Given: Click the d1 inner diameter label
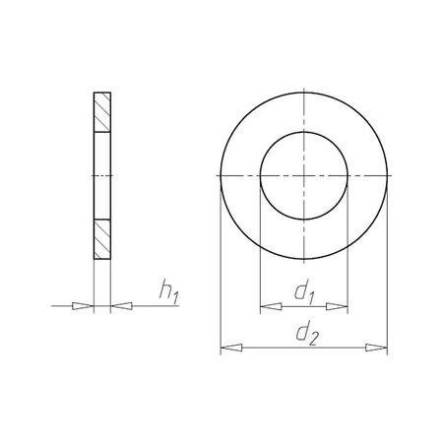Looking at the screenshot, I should pos(304,292).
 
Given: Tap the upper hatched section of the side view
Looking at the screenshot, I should pos(102,115).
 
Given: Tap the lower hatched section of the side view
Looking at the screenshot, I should pos(102,237).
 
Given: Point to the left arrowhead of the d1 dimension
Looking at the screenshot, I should pos(266,308).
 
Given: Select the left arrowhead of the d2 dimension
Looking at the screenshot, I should pos(225,347).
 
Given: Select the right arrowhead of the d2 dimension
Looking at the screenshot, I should pos(382,347).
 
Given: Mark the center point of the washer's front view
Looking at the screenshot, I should pos(304,175).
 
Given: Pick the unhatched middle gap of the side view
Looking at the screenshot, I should pos(102,175).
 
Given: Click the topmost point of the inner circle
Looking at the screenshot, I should pos(304,132).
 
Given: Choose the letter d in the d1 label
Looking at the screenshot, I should pos(299,291).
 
